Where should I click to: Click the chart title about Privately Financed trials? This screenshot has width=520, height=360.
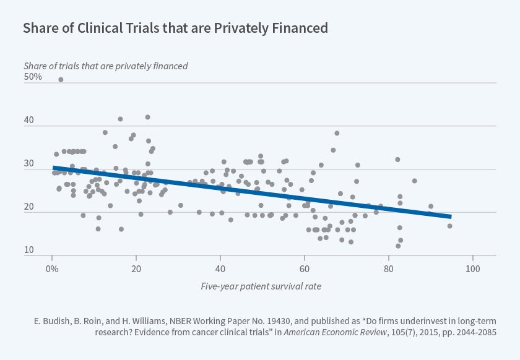click(175, 28)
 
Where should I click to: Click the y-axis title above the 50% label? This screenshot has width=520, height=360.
click(105, 65)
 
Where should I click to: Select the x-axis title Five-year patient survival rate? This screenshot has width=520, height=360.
click(260, 286)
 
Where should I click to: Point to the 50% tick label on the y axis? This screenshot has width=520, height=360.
click(33, 77)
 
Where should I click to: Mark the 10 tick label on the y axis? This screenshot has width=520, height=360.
click(29, 251)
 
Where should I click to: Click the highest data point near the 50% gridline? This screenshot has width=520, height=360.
click(61, 80)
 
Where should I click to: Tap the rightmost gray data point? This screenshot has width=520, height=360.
click(449, 226)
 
